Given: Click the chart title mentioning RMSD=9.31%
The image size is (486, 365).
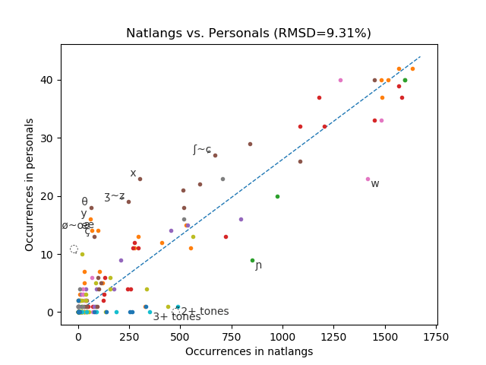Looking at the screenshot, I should pos(248,33).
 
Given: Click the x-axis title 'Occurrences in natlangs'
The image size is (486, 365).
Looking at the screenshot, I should pos(249,351).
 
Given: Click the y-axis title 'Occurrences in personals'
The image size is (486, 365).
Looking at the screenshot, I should pos(30,184).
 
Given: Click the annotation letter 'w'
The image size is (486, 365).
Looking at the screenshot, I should pos(375,184).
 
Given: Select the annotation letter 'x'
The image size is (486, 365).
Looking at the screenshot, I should pos(133,173).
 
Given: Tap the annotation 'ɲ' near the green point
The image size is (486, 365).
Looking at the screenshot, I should pos(259,265).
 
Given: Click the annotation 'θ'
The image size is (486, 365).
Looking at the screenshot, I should pos(84,202).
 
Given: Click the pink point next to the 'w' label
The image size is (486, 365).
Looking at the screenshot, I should pos(368,179).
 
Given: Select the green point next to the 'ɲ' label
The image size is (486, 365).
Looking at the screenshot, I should pos(253,260).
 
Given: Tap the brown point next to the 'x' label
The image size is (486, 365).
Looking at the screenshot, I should pos(140,179).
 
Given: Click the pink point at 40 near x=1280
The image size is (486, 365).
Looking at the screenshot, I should pos(340,80).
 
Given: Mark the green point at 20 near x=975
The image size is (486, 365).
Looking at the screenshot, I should pos(277,196).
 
